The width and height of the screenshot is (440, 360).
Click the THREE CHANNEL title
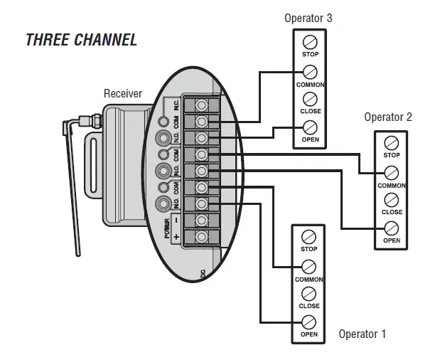pos(81,39)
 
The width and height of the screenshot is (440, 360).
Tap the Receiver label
pos(123,93)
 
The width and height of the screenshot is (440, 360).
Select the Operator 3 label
pos(308,18)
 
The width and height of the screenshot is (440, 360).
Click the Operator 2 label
pos(387,117)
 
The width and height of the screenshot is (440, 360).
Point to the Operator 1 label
pos(362,334)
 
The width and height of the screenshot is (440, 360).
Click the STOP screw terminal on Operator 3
pos(310,41)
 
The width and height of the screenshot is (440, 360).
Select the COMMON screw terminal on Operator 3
pos(310,71)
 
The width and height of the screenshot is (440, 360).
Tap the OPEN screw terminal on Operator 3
pos(310,127)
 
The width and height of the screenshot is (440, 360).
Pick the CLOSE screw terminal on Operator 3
pos(310,99)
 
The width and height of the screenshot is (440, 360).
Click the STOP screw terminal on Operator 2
pos(391,143)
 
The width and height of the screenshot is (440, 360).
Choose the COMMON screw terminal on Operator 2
pos(391,172)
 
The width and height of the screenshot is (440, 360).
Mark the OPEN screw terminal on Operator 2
pos(391,228)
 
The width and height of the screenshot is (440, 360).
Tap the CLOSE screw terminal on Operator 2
pos(391,200)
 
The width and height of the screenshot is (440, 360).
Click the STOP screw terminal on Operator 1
pos(308,237)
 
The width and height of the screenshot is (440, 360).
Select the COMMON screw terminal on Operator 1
pos(308,267)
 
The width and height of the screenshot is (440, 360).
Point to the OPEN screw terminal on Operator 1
pos(308,322)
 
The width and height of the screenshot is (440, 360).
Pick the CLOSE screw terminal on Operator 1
pos(308,294)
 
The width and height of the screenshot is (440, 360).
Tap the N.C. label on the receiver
pos(176,104)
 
